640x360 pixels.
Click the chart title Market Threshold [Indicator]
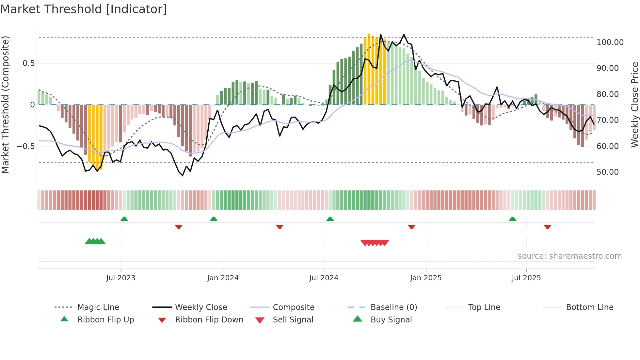[84, 9]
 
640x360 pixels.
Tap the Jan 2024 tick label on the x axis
[223, 278]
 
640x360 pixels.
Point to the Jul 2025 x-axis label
[526, 278]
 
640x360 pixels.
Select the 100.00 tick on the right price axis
[610, 42]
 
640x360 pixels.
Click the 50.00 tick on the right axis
[607, 172]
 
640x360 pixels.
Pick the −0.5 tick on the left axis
[25, 146]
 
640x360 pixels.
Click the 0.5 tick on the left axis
[28, 63]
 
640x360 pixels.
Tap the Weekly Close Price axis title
[634, 105]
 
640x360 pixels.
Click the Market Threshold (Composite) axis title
[5, 105]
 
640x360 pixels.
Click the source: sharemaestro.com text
[569, 256]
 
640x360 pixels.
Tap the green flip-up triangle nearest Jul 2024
[330, 219]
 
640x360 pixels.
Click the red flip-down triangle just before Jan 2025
[411, 227]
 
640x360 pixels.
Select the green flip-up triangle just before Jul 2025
[512, 219]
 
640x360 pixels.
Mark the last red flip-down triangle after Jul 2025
[547, 227]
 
